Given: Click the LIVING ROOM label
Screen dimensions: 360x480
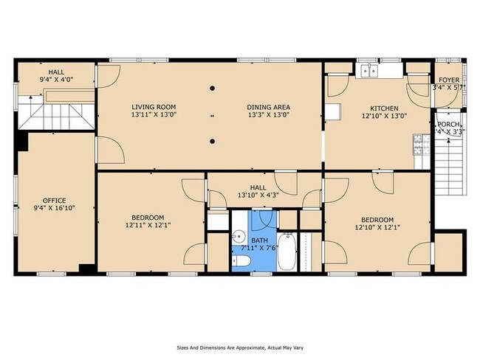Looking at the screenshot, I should [154, 106].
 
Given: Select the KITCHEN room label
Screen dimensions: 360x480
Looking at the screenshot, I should [384, 107].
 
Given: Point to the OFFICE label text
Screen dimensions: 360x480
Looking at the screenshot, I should [54, 201].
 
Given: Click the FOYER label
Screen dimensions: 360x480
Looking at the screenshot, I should [449, 80].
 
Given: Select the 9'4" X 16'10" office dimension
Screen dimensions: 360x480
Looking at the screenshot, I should [54, 209].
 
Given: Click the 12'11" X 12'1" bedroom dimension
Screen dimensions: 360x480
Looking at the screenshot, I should [148, 226].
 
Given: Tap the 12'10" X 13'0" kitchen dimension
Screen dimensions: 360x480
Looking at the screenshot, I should [384, 116].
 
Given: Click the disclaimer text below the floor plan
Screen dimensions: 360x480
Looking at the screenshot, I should [239, 346].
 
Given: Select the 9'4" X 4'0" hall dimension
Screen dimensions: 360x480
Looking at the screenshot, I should [56, 79].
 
